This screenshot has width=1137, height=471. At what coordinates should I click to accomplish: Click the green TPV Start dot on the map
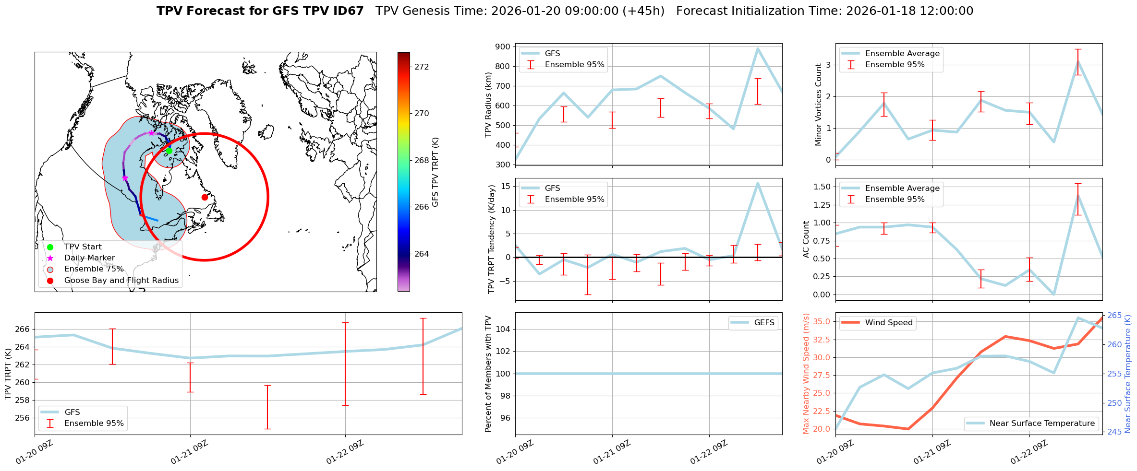click(x=169, y=151)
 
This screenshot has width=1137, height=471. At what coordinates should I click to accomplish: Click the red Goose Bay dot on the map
click(x=205, y=197)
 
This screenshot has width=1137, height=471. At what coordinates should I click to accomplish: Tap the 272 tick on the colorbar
click(x=422, y=67)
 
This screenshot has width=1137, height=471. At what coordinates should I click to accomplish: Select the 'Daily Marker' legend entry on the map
click(x=89, y=258)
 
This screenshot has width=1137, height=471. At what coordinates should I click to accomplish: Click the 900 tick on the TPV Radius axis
click(x=504, y=47)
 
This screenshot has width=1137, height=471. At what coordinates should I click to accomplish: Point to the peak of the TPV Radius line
click(x=758, y=48)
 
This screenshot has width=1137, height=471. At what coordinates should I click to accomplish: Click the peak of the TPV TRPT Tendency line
click(x=758, y=183)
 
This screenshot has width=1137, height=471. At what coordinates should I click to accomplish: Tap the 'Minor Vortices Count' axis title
click(x=819, y=105)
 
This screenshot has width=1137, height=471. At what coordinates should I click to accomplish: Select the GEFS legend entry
click(x=764, y=323)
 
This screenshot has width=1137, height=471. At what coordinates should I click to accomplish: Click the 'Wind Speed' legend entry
click(x=888, y=323)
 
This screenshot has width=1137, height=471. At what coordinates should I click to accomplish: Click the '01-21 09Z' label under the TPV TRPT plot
click(x=190, y=452)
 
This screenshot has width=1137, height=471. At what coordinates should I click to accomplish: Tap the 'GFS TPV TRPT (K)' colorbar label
click(x=435, y=172)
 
